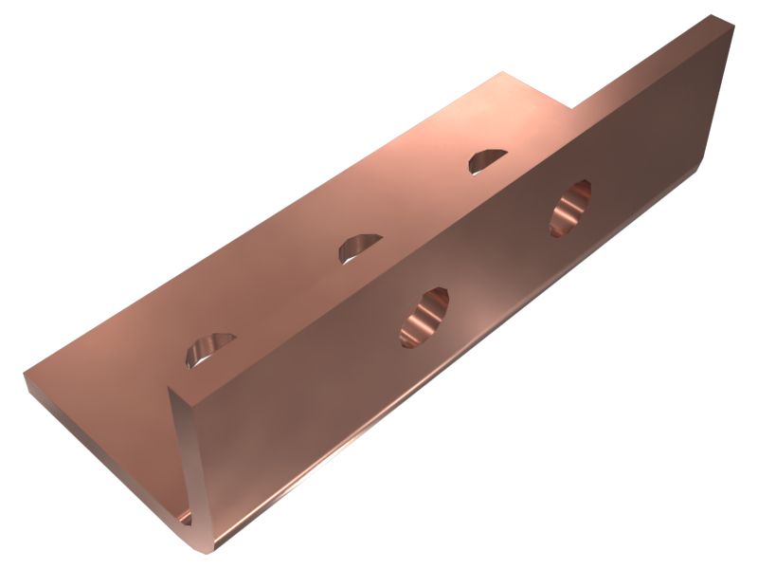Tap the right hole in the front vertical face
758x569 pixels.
(570, 207)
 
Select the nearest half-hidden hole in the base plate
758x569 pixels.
(209, 348)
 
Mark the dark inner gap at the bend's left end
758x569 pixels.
(184, 517)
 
